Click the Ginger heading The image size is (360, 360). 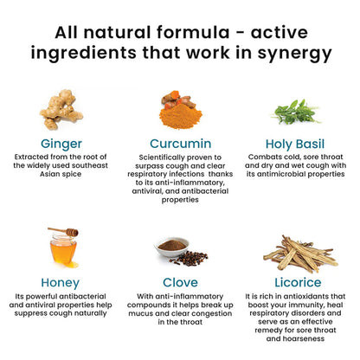point(61,144)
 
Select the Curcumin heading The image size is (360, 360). point(181,144)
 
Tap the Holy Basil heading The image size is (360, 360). point(295,145)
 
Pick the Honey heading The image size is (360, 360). point(61,283)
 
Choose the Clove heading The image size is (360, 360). point(180,283)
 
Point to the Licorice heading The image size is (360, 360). point(298,283)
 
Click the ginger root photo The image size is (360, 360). point(61,109)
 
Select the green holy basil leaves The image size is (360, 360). point(295,112)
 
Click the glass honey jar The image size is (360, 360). point(63,249)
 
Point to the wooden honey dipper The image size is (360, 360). point(63,231)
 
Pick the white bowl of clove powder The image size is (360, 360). point(172,247)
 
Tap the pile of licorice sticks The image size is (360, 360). point(300,254)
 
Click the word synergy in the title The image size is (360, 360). point(294,54)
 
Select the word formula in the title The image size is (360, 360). point(193,32)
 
